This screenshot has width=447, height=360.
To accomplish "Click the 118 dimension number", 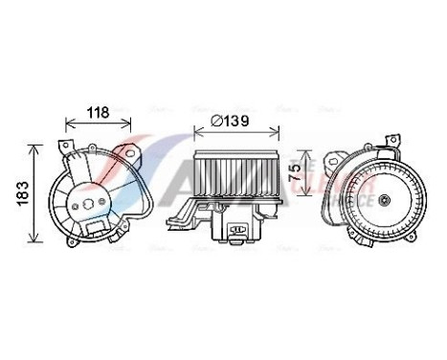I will (99, 113).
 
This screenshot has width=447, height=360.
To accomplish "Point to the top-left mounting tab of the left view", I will (64, 148).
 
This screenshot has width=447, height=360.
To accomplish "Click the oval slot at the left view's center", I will (92, 203).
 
